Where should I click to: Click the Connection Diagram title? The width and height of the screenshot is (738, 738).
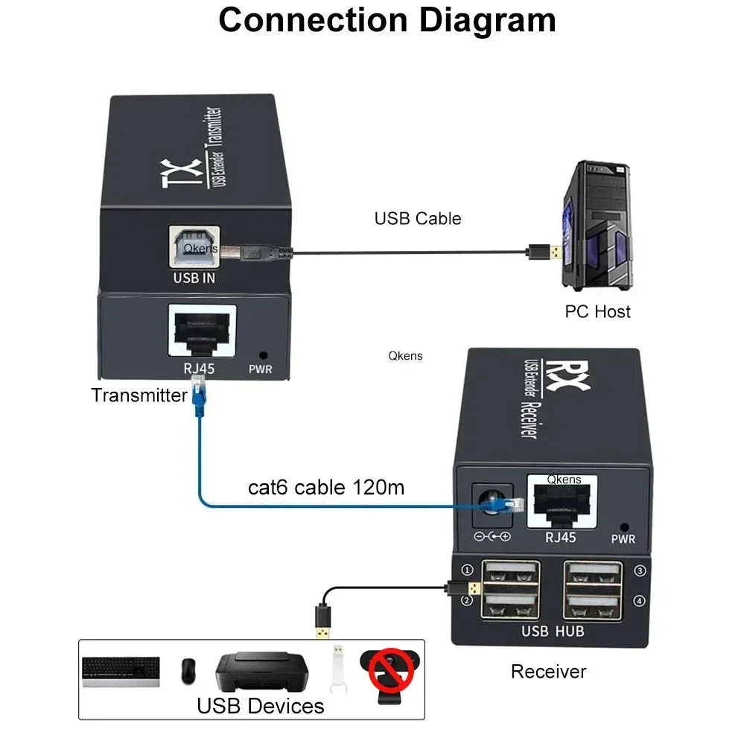coord(387,20)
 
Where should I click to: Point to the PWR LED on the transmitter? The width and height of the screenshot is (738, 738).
coord(261,356)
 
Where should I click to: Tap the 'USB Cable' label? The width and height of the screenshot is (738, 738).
coord(417,218)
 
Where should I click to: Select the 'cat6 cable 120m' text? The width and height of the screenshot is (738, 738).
coord(326,488)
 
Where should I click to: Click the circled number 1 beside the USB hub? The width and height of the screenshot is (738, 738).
coord(468,571)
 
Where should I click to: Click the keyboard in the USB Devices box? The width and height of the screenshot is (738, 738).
coord(121,671)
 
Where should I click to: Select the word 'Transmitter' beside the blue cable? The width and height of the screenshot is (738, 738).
coord(139,395)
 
